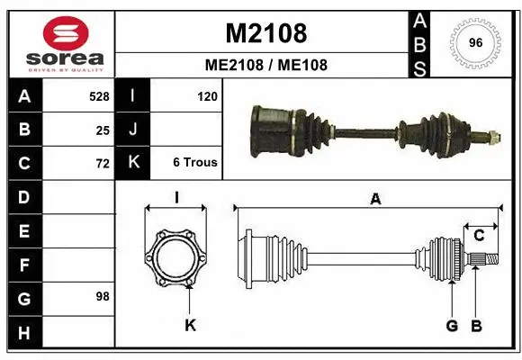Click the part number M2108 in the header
point(265,33)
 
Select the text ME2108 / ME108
point(265,65)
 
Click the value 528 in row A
point(98,95)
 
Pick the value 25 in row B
point(102,129)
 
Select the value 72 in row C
point(102,163)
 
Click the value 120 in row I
point(206,95)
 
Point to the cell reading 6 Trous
point(194,163)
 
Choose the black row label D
point(23,196)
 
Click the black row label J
point(132,129)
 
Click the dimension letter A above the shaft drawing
point(375,200)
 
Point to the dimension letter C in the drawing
point(480,236)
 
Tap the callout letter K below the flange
point(190,325)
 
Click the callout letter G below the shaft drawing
point(452,325)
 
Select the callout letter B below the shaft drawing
point(477,325)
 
